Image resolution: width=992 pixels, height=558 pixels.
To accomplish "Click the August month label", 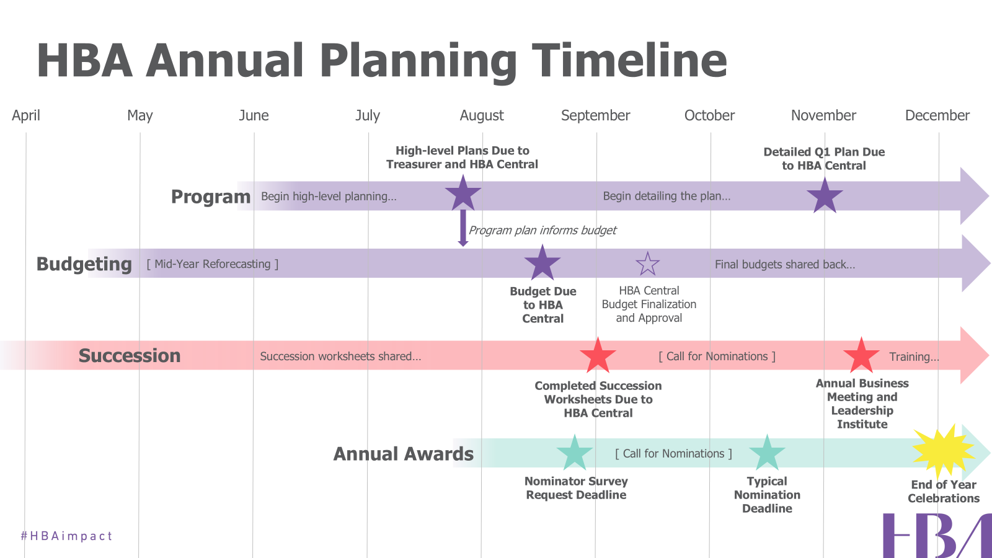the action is [x=481, y=115].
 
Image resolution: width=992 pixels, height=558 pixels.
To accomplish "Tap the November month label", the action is [x=823, y=115].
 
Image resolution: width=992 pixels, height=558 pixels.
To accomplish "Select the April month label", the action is [x=25, y=116].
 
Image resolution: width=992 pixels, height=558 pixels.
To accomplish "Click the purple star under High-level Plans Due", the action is [x=463, y=193].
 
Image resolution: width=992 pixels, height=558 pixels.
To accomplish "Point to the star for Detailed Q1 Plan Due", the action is [x=825, y=196].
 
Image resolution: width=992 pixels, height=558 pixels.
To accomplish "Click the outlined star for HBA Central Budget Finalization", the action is [x=647, y=264].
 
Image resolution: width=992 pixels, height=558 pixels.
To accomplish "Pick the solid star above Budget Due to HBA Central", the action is [x=542, y=263].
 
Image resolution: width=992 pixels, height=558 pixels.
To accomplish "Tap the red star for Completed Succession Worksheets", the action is [x=598, y=355].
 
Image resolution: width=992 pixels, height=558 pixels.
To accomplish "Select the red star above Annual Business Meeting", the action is [x=861, y=355].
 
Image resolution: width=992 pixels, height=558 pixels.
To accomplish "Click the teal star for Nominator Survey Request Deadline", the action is [x=574, y=453].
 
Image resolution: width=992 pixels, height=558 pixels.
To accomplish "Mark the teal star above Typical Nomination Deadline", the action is [x=767, y=453].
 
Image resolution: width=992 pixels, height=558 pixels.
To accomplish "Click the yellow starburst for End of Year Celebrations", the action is [x=943, y=451].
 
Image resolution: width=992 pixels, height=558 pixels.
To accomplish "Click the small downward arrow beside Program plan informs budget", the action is [x=463, y=228].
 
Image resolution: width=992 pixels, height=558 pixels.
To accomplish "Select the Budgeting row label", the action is [x=84, y=264].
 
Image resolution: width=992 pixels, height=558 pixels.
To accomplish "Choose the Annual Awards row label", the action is [x=404, y=454].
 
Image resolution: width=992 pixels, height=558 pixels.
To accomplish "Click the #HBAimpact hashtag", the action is [x=66, y=536].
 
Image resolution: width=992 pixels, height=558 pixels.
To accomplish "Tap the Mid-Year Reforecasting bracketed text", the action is [x=213, y=264].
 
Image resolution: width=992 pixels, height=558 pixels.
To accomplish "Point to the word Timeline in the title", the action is [x=629, y=60].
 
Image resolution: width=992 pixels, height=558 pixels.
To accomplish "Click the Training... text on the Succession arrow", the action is [x=914, y=356].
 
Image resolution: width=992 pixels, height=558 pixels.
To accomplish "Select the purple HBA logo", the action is [x=937, y=536].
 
